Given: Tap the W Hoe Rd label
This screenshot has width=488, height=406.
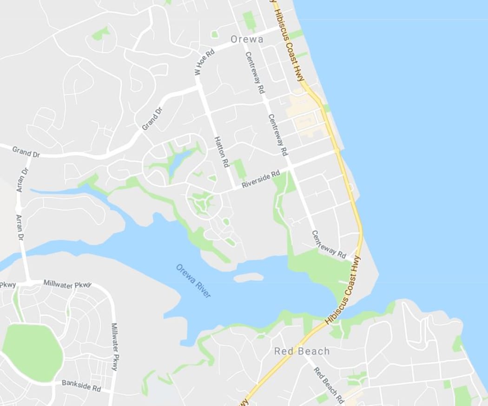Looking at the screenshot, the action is pos(204,63).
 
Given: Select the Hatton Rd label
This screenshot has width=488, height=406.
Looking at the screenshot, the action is pos(222,152).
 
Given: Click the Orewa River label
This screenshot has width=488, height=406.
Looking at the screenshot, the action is pos(193,281).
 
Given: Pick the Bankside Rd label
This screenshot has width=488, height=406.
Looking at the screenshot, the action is pos(81,386).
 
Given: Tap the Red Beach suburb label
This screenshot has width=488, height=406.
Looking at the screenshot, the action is pos(302,351).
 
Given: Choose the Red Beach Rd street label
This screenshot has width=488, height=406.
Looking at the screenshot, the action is pos(329,385).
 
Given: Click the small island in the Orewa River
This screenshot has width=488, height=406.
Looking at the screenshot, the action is pos(249,277).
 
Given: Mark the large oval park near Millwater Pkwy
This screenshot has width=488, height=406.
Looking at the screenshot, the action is pos(33,353).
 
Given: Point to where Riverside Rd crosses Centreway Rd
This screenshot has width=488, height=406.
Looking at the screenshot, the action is pos(289,169).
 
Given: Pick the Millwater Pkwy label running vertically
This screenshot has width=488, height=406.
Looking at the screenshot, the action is pos(114,347).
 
